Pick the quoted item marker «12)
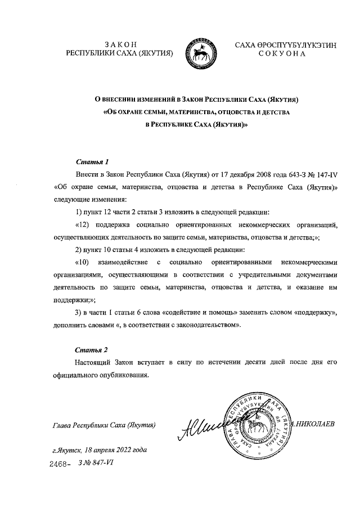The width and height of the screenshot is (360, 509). (x=83, y=225)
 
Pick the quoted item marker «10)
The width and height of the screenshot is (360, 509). (x=83, y=262)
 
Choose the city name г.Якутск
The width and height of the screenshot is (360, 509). (x=65, y=451)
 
